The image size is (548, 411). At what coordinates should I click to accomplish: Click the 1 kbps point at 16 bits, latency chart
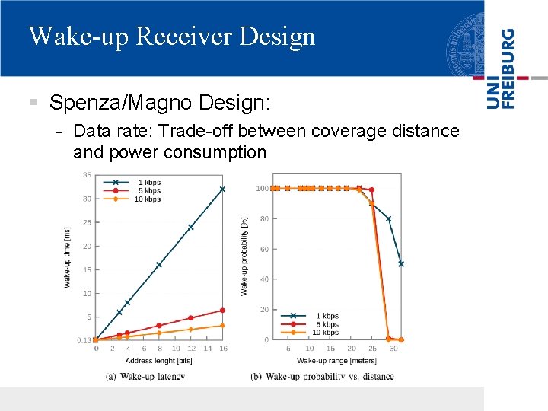(x=222, y=189)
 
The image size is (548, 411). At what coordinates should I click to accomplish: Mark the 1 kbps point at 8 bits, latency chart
(x=159, y=265)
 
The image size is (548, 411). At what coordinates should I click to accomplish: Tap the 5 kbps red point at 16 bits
(x=222, y=310)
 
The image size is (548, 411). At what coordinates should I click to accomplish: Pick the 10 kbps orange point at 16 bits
(x=222, y=325)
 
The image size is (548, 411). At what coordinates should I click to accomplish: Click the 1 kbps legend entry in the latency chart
(x=149, y=183)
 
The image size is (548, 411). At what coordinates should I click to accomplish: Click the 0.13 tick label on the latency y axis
(x=84, y=340)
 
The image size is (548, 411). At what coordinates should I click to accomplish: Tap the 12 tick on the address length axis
(x=190, y=349)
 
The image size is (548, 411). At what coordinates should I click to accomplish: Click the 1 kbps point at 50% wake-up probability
(x=401, y=264)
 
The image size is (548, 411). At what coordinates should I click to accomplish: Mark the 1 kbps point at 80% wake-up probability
(x=388, y=218)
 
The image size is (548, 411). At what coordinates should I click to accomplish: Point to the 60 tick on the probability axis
(x=263, y=249)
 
